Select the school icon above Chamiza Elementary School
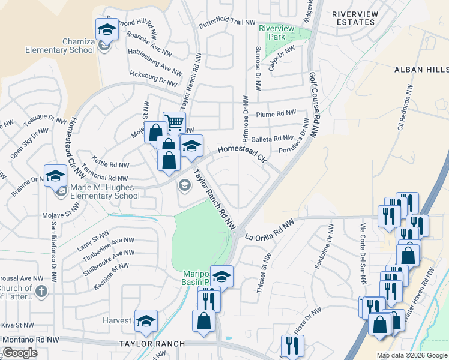(107, 29)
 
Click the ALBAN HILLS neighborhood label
(421, 70)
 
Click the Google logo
(20, 353)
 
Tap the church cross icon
(41, 292)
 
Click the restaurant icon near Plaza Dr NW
(292, 346)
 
